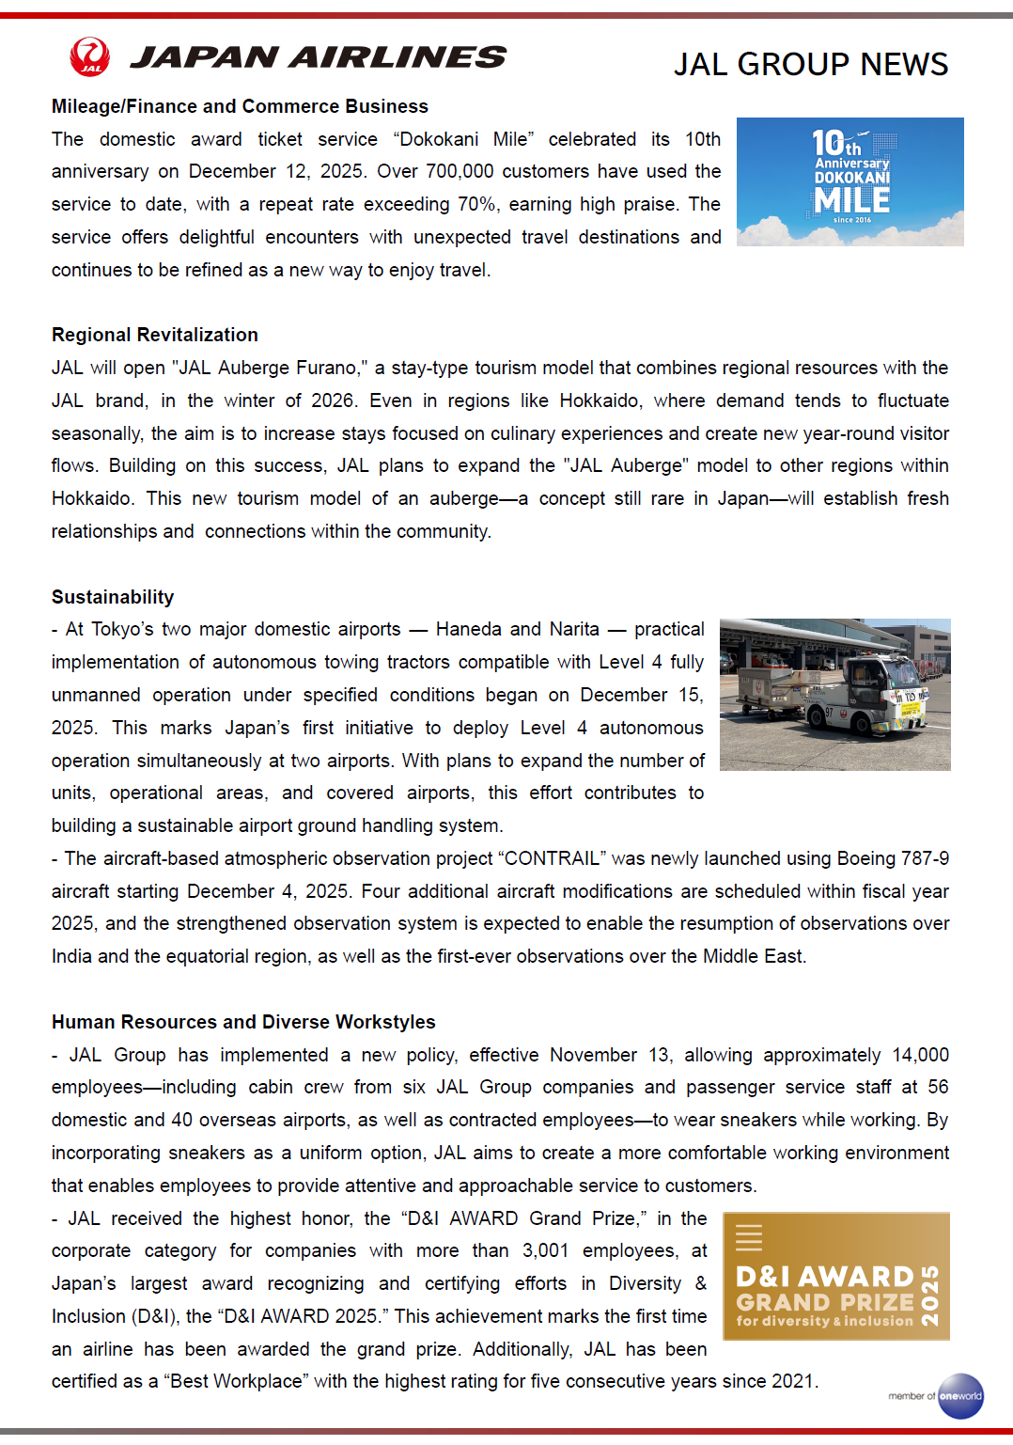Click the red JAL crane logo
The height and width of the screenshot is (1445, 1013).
pos(90,56)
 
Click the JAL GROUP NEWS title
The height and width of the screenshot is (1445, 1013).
pos(810,64)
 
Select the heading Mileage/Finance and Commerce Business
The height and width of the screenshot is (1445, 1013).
pos(240,106)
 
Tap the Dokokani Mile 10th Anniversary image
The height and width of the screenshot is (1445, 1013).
pos(849,181)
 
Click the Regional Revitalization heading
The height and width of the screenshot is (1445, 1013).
pos(155,335)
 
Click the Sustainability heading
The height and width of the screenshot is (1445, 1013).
pos(113,597)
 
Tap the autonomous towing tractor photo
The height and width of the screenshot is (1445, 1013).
pos(834,695)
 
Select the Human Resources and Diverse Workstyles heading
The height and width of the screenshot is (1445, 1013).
pos(243,1022)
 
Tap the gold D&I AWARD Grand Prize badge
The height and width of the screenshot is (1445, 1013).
pos(835,1276)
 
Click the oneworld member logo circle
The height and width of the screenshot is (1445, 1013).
pos(960,1396)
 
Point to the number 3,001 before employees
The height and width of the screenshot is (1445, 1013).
pos(545,1250)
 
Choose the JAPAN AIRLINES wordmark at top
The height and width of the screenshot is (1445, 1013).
pos(318,57)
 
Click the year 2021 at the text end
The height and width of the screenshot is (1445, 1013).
pos(792,1381)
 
